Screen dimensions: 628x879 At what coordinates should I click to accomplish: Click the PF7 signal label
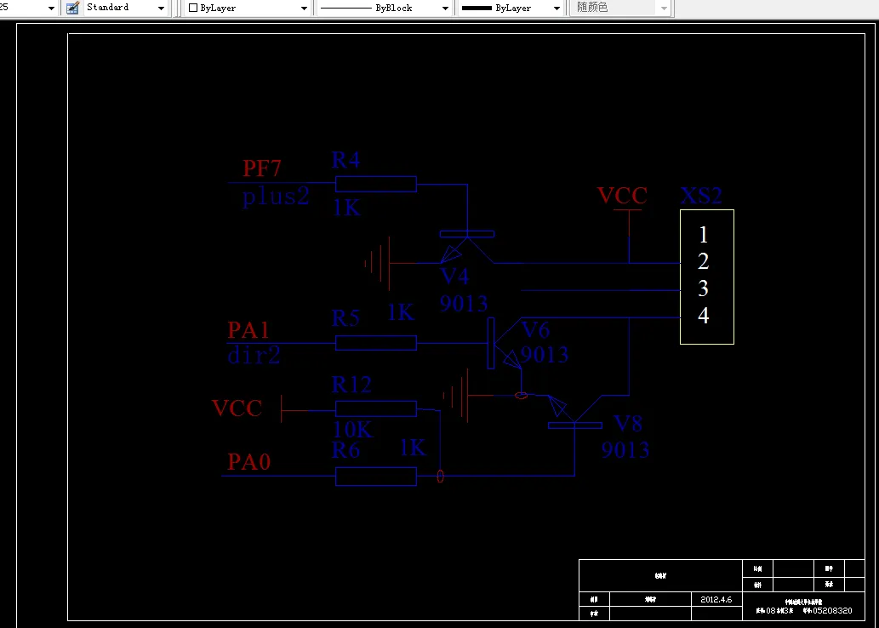[x=262, y=168]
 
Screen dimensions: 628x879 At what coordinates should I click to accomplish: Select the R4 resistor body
[x=375, y=184]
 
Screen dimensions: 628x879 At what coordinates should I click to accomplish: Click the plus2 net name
[x=276, y=197]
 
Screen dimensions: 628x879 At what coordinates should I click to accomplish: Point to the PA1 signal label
[x=248, y=329]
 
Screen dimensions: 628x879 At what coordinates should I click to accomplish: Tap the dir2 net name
[x=254, y=355]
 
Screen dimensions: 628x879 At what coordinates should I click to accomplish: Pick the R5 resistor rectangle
[x=375, y=343]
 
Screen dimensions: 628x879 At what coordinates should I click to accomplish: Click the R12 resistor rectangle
[x=375, y=408]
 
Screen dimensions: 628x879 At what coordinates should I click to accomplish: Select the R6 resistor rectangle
[x=375, y=477]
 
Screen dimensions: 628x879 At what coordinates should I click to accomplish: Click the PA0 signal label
[x=248, y=462]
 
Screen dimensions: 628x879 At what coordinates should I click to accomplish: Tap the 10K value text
[x=352, y=430]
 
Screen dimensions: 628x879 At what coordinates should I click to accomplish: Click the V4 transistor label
[x=454, y=277]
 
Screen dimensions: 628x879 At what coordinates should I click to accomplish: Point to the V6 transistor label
[x=535, y=330]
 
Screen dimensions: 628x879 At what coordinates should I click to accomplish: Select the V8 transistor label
[x=628, y=424]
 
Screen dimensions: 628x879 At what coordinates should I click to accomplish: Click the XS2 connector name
[x=701, y=197]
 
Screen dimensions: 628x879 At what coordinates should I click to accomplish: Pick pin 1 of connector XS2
[x=703, y=234]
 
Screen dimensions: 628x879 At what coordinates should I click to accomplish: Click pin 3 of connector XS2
[x=703, y=288]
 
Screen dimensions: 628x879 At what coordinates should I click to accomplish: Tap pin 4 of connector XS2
[x=703, y=316]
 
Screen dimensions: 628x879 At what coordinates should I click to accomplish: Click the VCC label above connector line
[x=622, y=196]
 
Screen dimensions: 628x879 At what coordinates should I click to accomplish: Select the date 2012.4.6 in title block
[x=716, y=599]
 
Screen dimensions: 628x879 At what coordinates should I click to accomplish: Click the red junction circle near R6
[x=440, y=477]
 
